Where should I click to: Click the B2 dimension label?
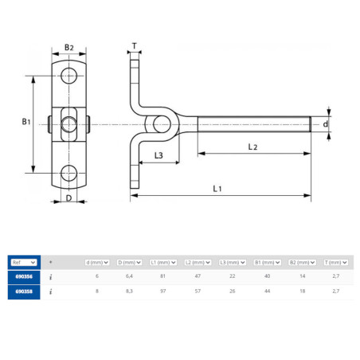tap(69, 48)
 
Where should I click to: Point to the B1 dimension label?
tap(26, 122)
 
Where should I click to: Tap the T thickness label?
tap(135, 46)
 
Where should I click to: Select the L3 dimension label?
tap(158, 155)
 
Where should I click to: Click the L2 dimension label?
tap(252, 147)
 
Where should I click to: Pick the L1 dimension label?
tap(217, 189)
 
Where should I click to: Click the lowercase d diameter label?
tap(325, 124)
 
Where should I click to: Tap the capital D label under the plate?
tap(68, 198)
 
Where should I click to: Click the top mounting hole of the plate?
tap(68, 76)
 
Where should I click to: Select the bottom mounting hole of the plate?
tap(68, 173)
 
